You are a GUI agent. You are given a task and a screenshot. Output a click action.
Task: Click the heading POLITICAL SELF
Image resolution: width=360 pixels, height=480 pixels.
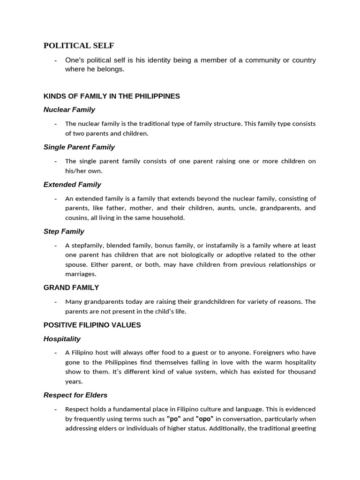coord(79,45)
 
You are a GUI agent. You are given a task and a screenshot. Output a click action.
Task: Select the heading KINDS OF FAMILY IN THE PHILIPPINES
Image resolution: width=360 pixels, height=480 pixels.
coord(112,96)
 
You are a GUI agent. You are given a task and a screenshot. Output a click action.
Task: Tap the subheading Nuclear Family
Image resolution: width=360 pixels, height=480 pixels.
coord(69,110)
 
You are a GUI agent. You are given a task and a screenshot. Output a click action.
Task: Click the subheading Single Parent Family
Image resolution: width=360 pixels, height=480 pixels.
coord(79,147)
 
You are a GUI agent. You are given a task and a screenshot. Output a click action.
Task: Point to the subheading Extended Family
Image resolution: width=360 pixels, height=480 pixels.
coord(72,185)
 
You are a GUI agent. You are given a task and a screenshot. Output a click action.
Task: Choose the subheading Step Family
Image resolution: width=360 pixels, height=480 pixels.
coord(64,232)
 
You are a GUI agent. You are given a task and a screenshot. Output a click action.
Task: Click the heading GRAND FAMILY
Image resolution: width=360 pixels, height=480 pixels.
coord(71,287)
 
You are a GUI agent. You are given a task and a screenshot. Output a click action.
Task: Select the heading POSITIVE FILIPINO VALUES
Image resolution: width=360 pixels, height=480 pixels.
coord(92,325)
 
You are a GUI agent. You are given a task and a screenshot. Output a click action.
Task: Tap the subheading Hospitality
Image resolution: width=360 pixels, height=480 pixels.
coord(62,339)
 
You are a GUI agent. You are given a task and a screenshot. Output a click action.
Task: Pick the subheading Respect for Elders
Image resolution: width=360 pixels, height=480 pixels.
coord(75,395)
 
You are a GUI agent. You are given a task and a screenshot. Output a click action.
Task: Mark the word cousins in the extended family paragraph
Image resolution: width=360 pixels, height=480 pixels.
coord(76,217)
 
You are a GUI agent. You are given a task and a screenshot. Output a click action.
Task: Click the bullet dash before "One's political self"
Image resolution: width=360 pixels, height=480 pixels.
coord(56,60)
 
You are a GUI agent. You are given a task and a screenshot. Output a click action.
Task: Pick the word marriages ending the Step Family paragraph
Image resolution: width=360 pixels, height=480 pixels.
coord(80,274)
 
